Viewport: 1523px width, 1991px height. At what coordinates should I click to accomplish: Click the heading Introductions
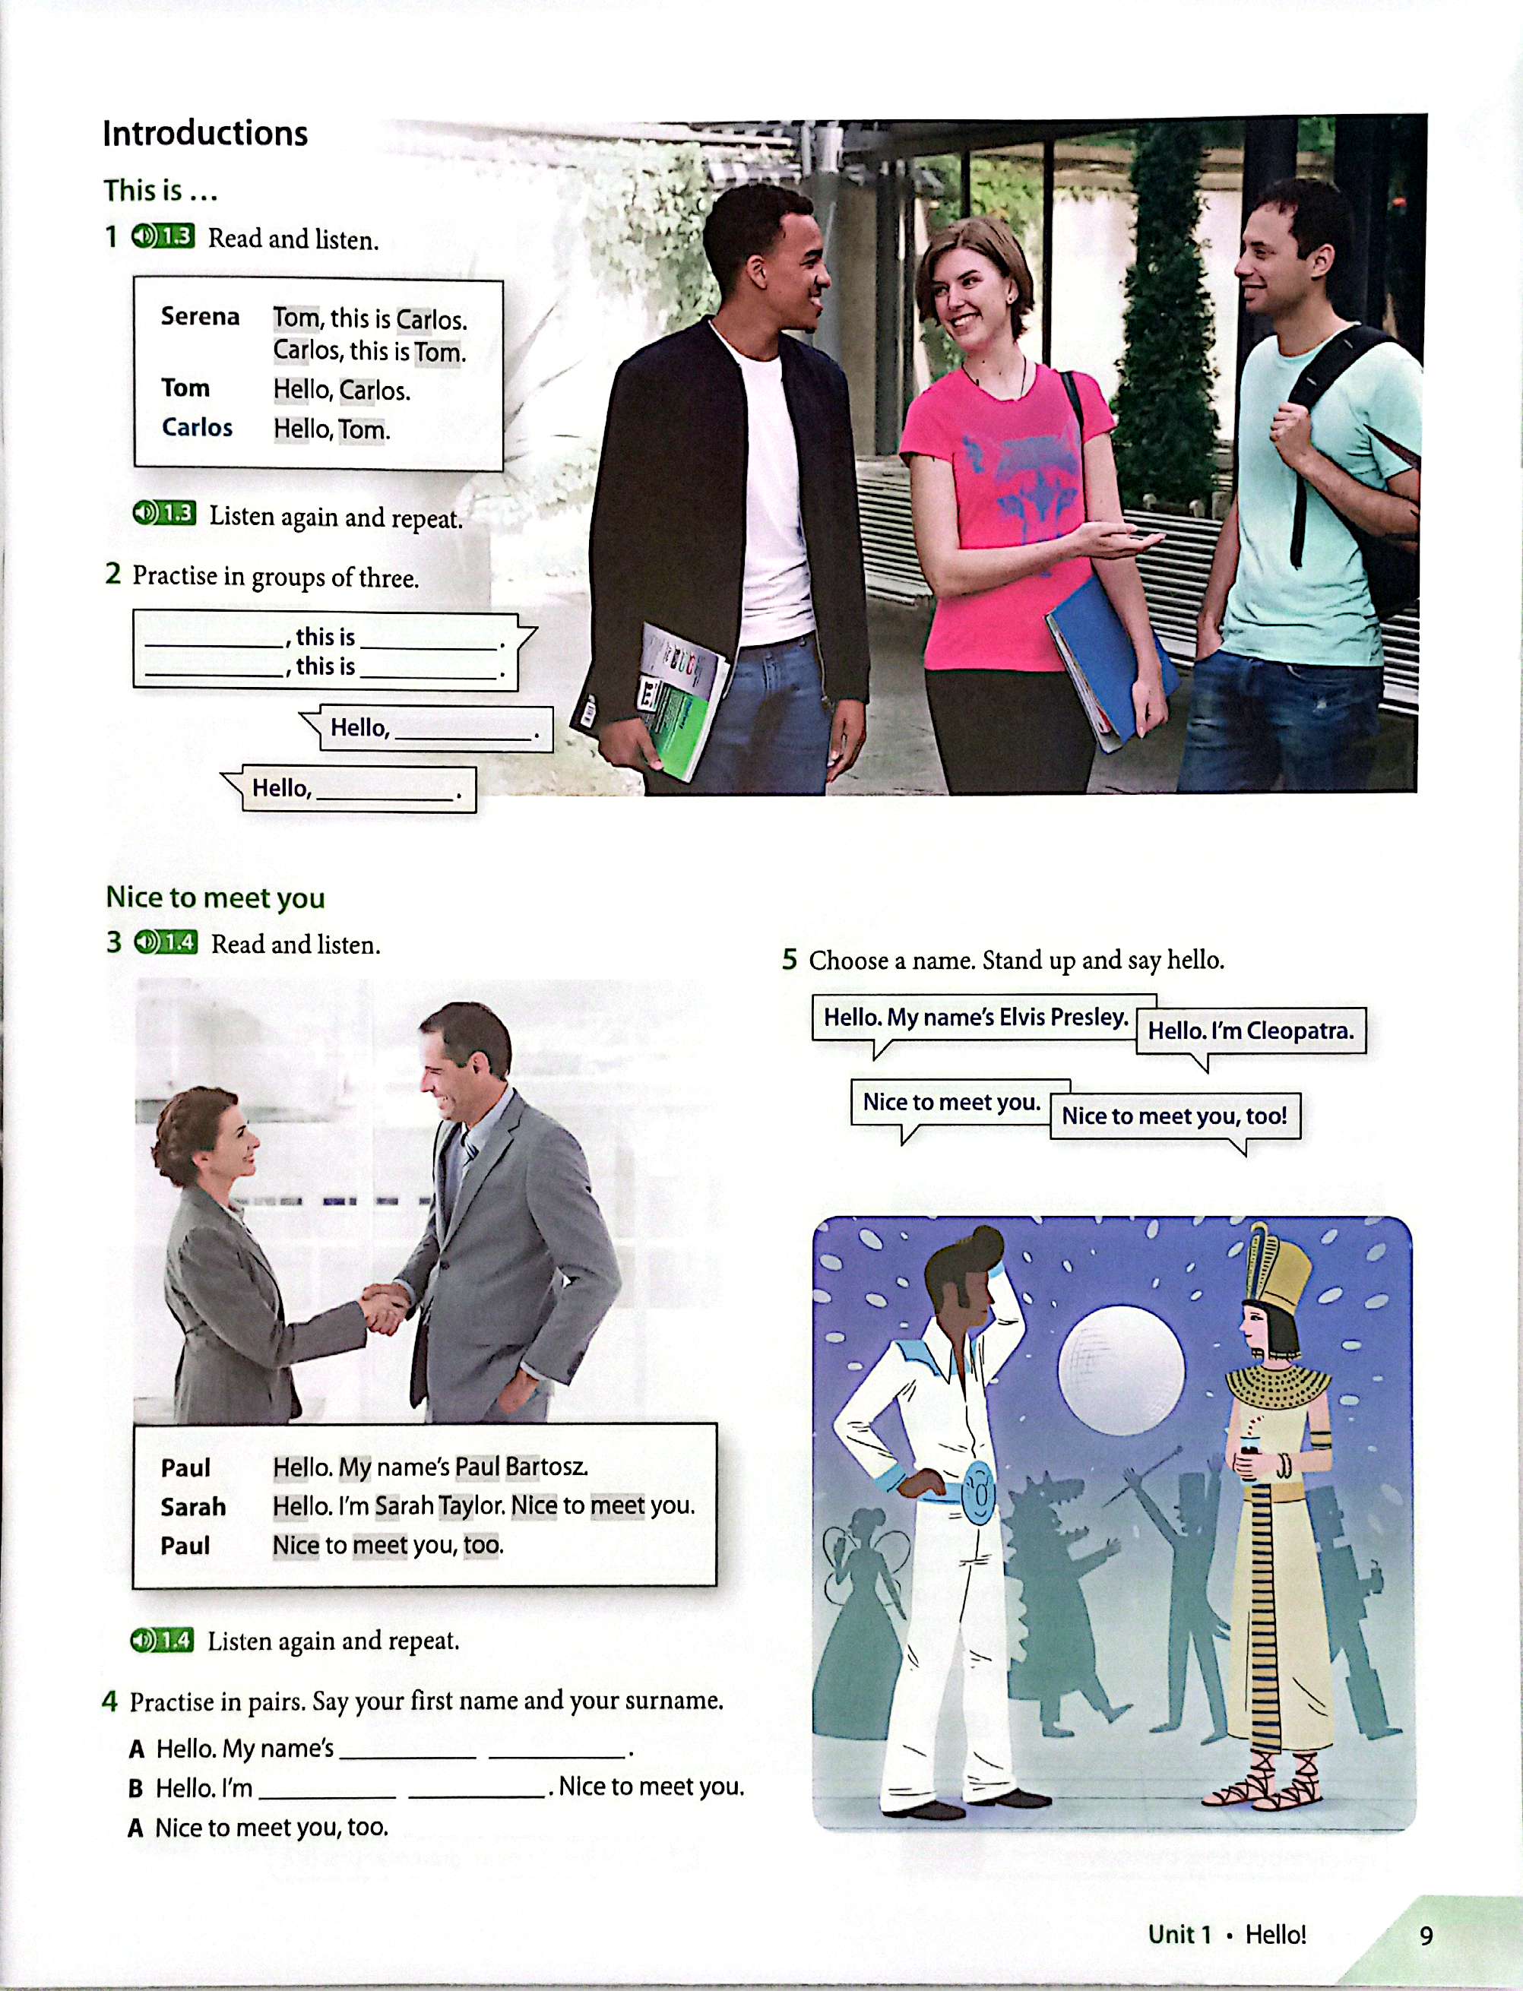click(205, 133)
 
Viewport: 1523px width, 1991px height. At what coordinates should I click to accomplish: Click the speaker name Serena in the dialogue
click(201, 316)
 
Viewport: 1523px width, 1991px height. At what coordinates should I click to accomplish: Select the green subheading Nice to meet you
click(216, 897)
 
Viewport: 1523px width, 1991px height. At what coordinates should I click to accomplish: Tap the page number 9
click(1426, 1936)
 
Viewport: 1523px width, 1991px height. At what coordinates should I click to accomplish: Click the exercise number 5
click(790, 959)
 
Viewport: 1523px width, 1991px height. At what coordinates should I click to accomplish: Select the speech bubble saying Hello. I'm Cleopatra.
click(1251, 1033)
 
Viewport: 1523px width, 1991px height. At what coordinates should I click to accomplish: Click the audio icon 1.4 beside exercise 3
click(165, 942)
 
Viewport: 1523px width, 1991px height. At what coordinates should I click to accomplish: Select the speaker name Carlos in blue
click(197, 427)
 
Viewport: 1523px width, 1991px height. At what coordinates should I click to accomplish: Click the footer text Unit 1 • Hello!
click(1227, 1935)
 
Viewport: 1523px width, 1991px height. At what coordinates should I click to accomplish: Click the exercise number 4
click(109, 1701)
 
